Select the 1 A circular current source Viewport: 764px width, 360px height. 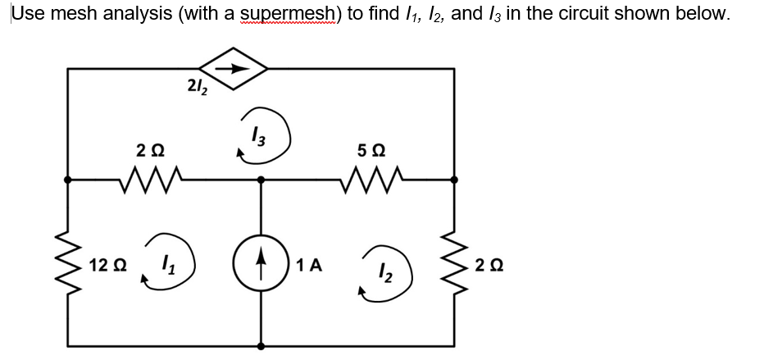point(261,264)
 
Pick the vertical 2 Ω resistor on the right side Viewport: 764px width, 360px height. point(455,264)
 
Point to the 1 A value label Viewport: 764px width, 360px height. point(311,265)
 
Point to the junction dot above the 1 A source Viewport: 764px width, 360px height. point(261,178)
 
